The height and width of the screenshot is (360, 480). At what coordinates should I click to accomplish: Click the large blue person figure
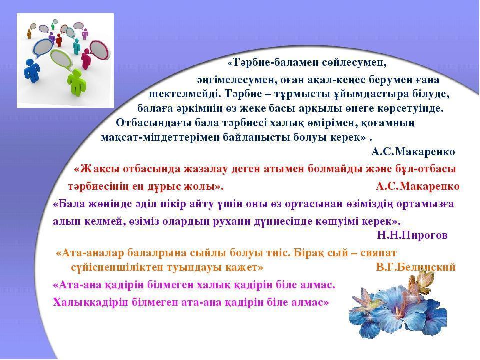[x=32, y=71]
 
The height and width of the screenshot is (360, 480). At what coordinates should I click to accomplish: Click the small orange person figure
[x=29, y=34]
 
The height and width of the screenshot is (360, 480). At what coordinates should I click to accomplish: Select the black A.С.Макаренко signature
[x=413, y=152]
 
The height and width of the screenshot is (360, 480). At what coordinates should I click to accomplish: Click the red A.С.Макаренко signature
[x=418, y=186]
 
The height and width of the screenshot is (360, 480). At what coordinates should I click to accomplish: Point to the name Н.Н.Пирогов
[x=412, y=235]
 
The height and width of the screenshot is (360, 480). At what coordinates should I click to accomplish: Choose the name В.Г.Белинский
[x=416, y=267]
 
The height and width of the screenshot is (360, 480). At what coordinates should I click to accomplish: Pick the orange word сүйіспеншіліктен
[x=119, y=268]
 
